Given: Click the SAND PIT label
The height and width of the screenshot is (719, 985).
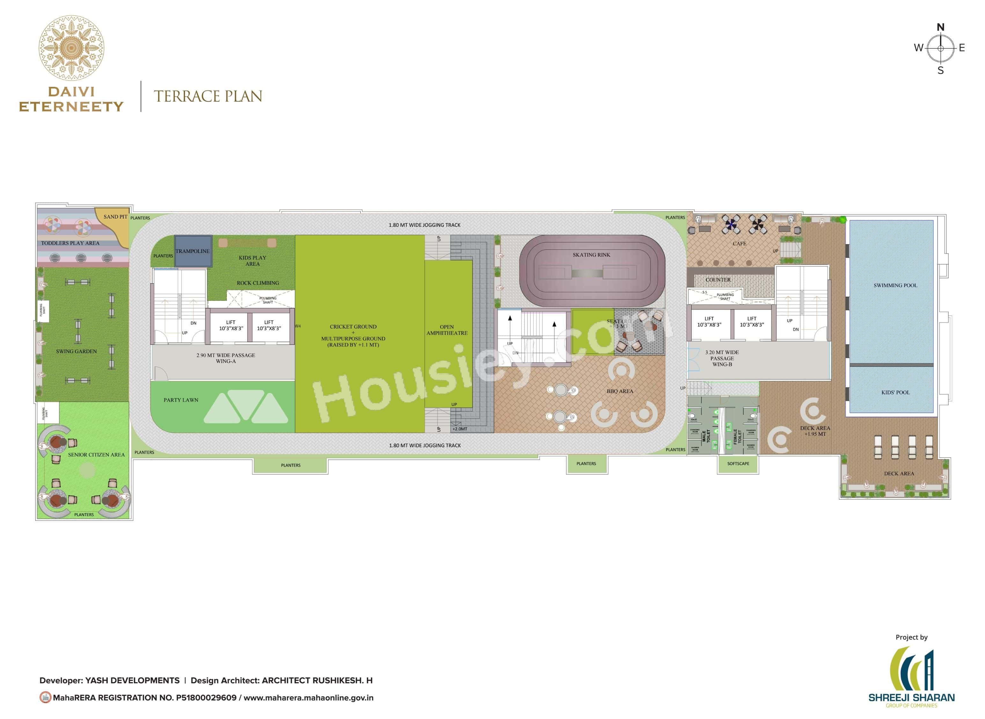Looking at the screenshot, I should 115,217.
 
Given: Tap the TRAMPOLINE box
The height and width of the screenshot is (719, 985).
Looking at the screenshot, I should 193,251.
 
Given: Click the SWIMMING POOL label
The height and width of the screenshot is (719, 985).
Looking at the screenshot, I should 895,285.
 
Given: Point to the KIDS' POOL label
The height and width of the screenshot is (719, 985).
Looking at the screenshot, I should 895,393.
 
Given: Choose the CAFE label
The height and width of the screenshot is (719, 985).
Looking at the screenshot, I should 739,244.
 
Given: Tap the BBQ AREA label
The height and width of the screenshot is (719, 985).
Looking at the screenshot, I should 620,391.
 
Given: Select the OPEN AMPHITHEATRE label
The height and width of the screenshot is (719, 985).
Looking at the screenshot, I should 447,330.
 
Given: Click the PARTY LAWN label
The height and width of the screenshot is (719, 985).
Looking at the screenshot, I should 181,400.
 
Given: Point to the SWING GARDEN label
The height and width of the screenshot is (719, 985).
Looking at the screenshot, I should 77,351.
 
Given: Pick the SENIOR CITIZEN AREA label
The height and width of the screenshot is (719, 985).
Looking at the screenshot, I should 96,455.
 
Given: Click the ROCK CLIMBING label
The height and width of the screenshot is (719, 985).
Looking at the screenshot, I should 258,283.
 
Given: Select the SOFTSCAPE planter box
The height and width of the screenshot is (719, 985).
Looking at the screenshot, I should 738,464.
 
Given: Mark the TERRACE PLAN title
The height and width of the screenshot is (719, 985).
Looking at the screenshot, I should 208,97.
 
